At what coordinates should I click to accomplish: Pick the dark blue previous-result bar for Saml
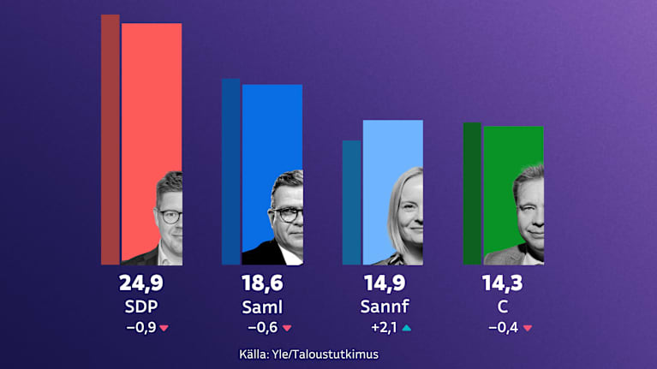tap(231, 171)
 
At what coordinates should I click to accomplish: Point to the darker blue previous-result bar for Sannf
tap(351, 202)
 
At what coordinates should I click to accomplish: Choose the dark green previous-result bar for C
tap(472, 193)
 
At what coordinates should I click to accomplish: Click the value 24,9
tap(140, 283)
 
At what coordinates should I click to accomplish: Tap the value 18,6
tap(262, 283)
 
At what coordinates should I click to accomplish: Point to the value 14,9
tap(383, 283)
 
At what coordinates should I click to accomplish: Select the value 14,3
tap(504, 283)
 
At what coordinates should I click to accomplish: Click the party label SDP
tap(140, 307)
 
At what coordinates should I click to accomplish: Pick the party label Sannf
tap(383, 307)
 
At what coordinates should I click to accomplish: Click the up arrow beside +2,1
tap(406, 327)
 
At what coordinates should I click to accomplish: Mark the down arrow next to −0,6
tap(287, 328)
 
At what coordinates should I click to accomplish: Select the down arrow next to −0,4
tap(528, 328)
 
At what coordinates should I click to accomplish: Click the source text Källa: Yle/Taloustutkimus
tap(308, 354)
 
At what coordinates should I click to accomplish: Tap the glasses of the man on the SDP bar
tap(170, 215)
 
